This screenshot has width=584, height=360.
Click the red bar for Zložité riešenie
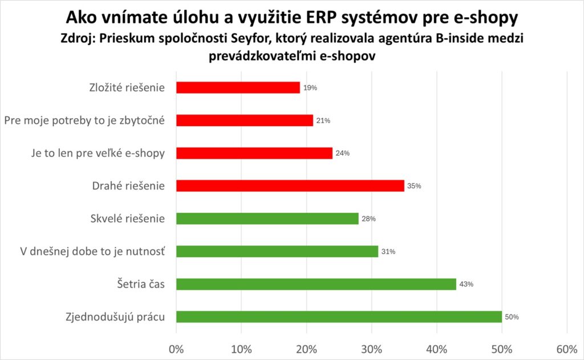(x=238, y=87)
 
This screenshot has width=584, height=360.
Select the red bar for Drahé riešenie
(x=290, y=186)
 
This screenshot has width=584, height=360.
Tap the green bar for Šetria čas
(x=316, y=284)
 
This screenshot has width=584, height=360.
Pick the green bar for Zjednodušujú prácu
(x=339, y=317)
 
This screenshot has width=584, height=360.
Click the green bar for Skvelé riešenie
(x=267, y=219)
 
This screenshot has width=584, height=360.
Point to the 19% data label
(x=310, y=88)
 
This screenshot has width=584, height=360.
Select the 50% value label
(x=512, y=317)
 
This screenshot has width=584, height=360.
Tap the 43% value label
(x=467, y=285)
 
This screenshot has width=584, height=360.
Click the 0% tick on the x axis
(x=176, y=349)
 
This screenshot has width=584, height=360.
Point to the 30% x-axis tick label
(x=372, y=349)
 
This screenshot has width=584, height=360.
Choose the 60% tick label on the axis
(x=567, y=349)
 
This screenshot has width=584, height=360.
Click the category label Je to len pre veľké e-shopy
(x=96, y=153)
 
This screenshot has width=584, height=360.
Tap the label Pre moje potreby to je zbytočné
(x=84, y=120)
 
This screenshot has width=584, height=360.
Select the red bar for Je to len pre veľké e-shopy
(x=254, y=153)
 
